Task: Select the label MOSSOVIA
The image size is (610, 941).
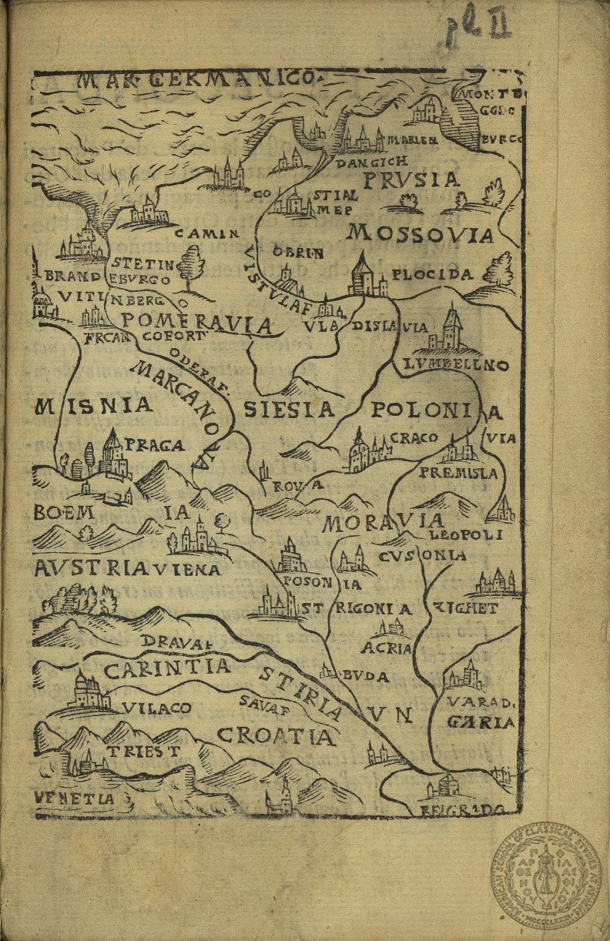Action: [420, 233]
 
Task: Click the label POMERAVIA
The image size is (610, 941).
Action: [198, 323]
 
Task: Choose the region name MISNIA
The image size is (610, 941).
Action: [94, 405]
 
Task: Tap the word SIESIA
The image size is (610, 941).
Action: [289, 409]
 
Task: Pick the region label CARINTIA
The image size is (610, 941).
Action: [167, 668]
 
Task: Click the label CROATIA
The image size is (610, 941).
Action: [277, 737]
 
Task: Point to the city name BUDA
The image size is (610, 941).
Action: [366, 677]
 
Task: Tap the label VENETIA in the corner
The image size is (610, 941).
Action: [74, 799]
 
